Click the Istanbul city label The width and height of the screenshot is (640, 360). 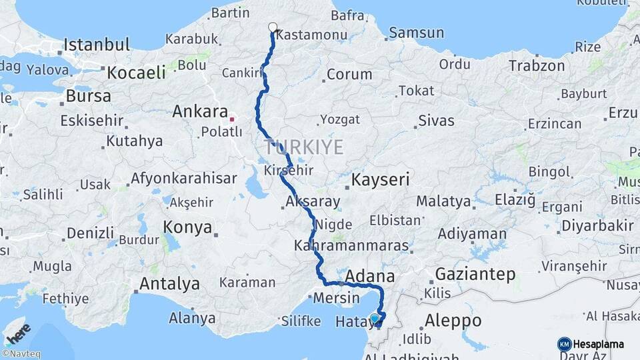pos(97,45)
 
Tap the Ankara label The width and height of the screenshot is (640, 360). pos(200,111)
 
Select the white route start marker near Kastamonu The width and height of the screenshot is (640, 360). pos(272,27)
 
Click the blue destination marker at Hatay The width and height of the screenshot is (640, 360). pos(375,319)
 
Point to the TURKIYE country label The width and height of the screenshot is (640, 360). pos(304,147)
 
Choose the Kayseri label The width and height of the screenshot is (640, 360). pos(380,180)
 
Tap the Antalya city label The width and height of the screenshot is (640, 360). pos(169,284)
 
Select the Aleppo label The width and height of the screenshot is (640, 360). pos(453,320)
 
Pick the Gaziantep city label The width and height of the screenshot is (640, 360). pos(475,274)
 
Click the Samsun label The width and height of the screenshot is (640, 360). pos(416,32)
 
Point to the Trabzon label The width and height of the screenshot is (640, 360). pos(537,65)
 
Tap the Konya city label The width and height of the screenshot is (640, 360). pos(187,227)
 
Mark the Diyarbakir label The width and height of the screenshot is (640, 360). pos(597,225)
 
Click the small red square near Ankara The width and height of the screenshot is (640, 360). pos(232,119)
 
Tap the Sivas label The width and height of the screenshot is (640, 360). pos(436,121)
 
